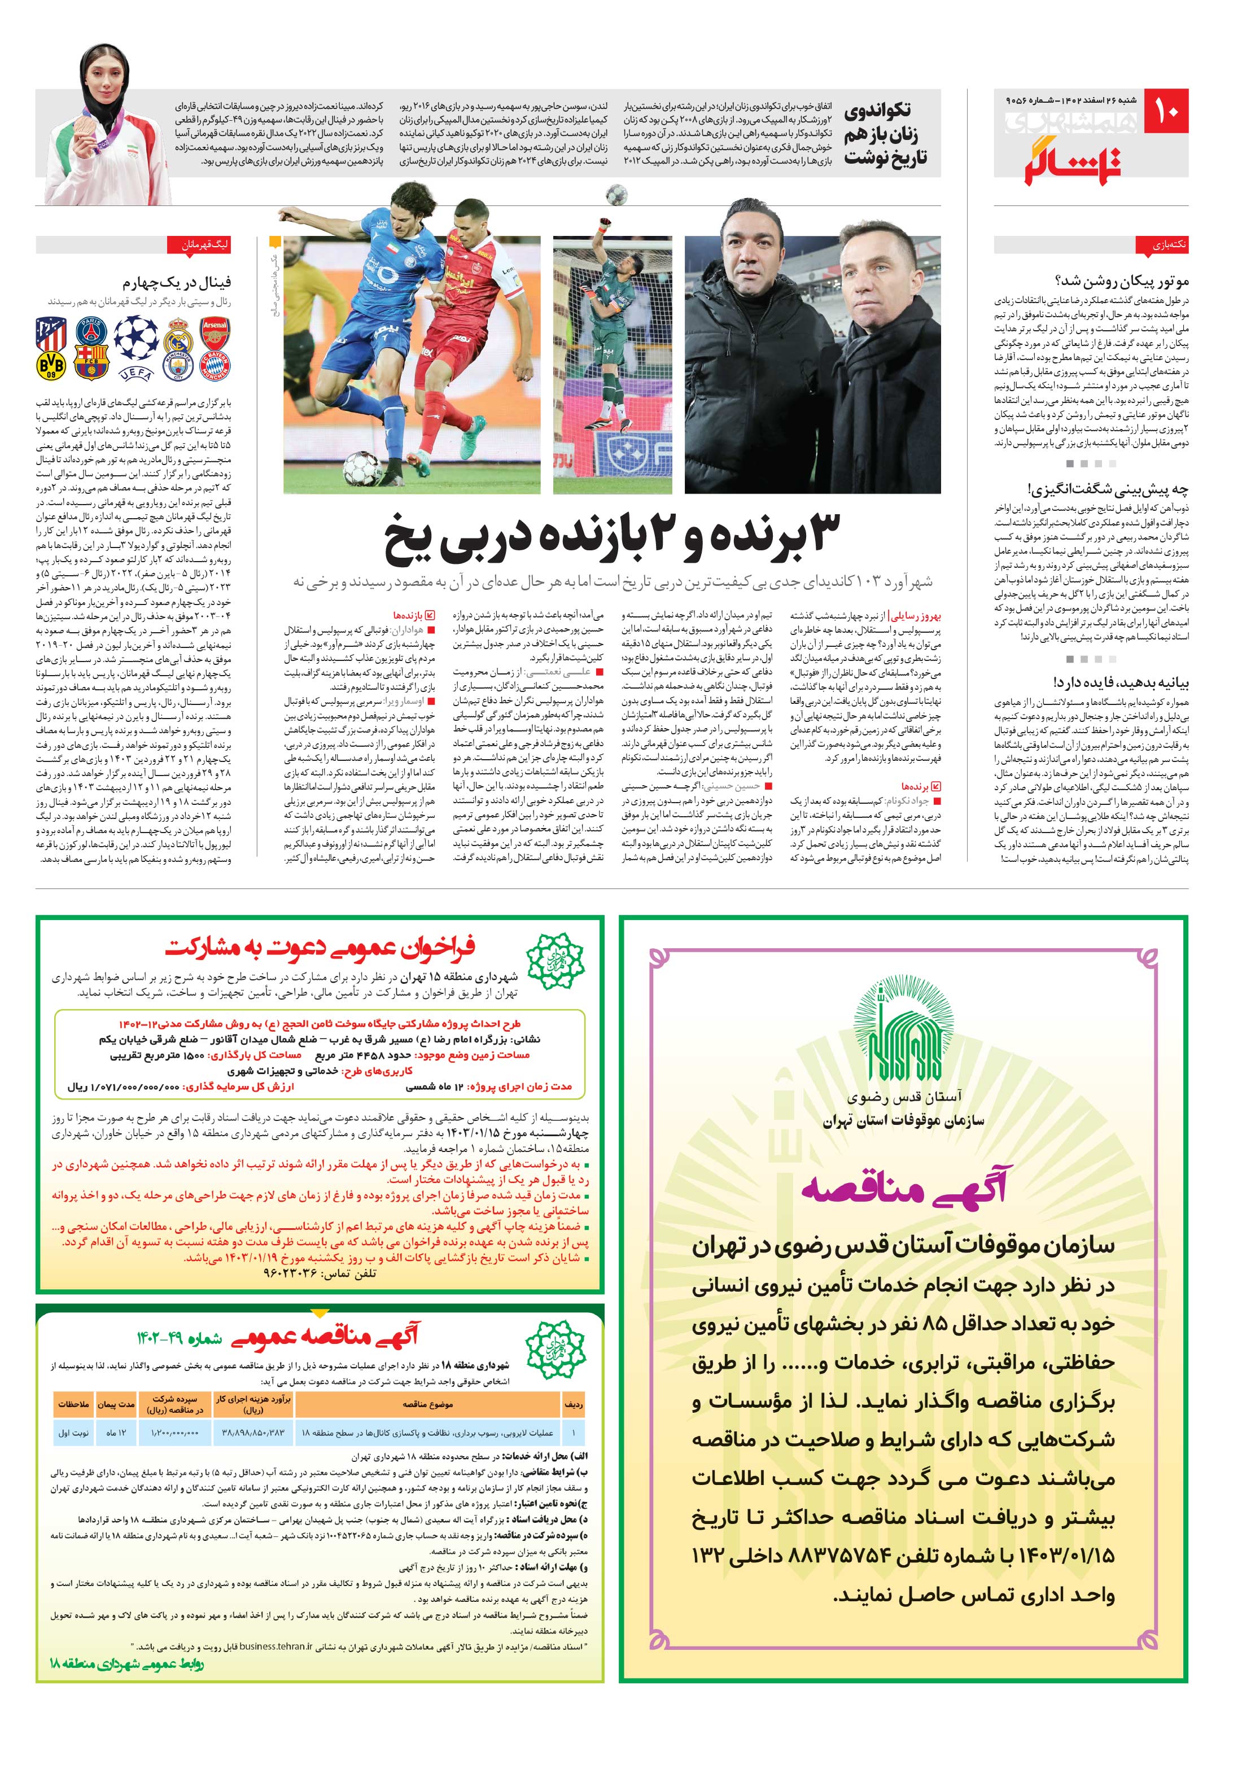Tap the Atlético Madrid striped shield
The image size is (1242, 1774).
(x=51, y=333)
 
